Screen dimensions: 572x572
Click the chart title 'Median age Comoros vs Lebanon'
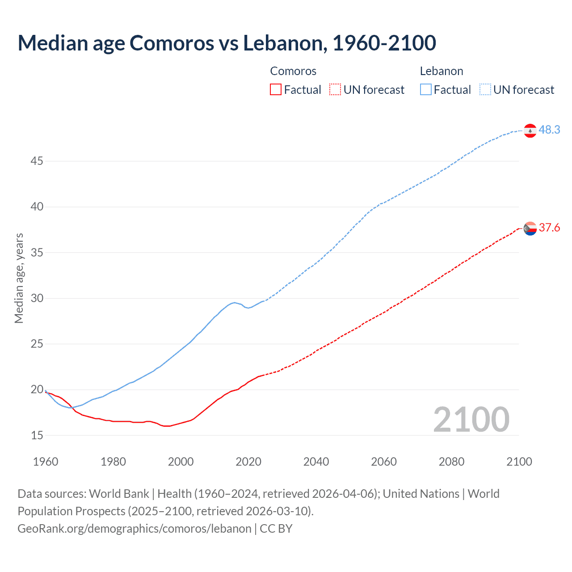227,43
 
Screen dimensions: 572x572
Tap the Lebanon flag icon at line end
530,130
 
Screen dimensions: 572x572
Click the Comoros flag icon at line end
530,228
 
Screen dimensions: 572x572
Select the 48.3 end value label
549,130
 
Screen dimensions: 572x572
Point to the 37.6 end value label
549,228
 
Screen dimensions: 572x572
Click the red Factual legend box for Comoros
276,90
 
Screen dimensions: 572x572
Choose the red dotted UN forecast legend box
335,90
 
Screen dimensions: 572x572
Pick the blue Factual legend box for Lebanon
426,90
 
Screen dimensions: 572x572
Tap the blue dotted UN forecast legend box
485,90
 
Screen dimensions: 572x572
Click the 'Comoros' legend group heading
293,71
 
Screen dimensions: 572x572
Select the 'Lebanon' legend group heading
442,71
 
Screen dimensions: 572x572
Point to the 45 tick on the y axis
37,161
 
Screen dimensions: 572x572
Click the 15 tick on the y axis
37,435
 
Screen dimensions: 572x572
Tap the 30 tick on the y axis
37,298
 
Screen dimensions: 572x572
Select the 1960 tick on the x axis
46,462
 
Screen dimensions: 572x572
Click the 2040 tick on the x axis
316,462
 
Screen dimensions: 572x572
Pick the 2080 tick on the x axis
451,462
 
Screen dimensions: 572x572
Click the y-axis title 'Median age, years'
19,278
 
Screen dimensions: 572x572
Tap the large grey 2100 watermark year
471,419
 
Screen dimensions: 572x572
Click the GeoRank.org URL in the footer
134,529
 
